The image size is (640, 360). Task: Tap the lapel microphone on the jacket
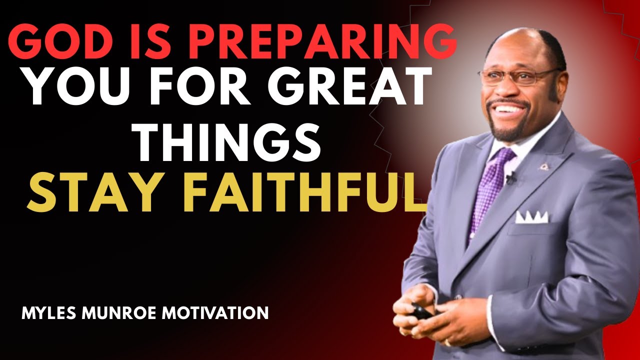pos(510,177)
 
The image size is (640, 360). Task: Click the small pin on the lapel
pos(542,165)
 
